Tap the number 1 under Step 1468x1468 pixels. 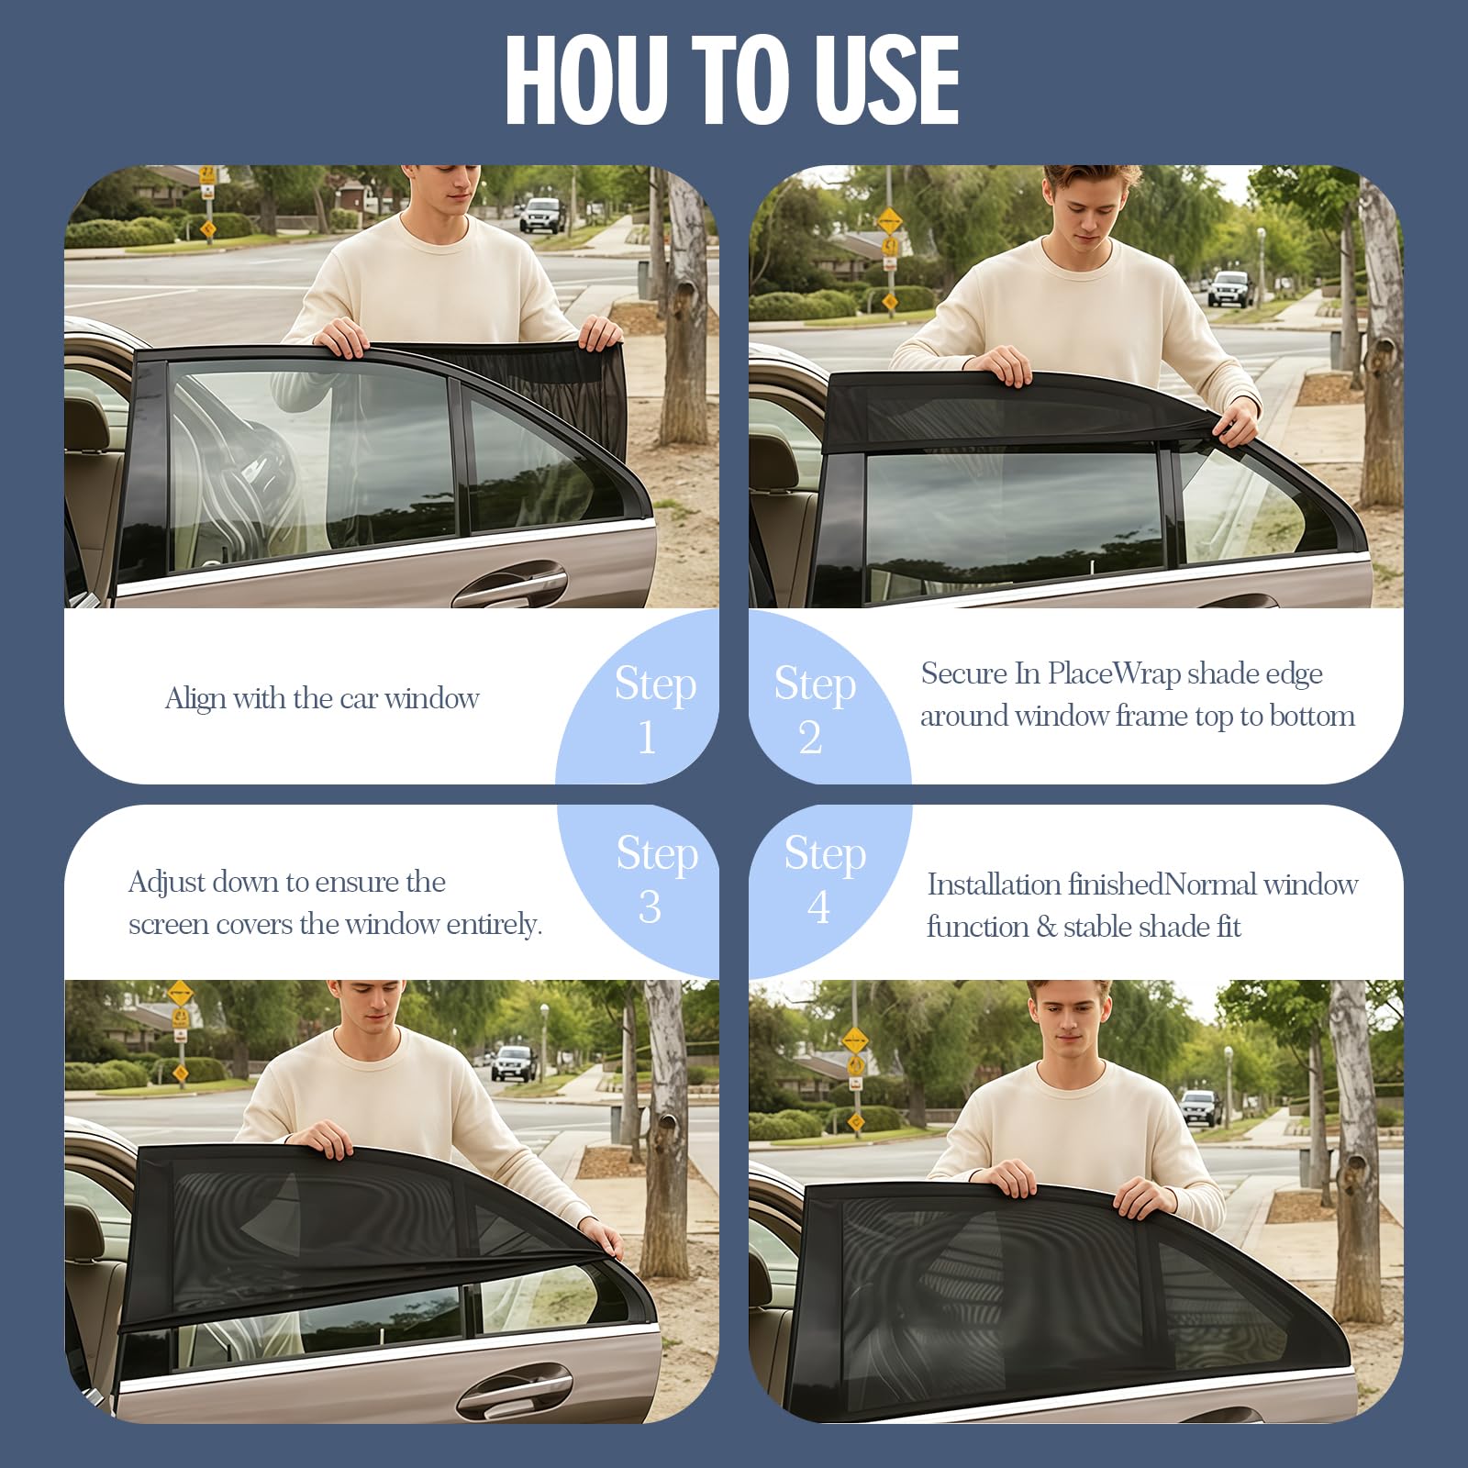(648, 738)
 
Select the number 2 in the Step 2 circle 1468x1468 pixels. (810, 738)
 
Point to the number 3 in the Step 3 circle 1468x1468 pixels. (650, 907)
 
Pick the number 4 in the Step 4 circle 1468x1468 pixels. (818, 906)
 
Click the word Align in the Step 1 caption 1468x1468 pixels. (195, 699)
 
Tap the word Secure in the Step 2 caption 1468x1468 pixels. (963, 673)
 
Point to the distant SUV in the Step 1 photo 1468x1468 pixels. (541, 215)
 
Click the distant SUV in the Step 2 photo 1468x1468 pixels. (1229, 288)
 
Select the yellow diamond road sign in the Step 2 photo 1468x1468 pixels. (890, 221)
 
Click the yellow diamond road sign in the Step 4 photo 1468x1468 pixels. (855, 1040)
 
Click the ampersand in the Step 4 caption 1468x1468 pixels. (1047, 928)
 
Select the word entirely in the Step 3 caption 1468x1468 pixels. (495, 925)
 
